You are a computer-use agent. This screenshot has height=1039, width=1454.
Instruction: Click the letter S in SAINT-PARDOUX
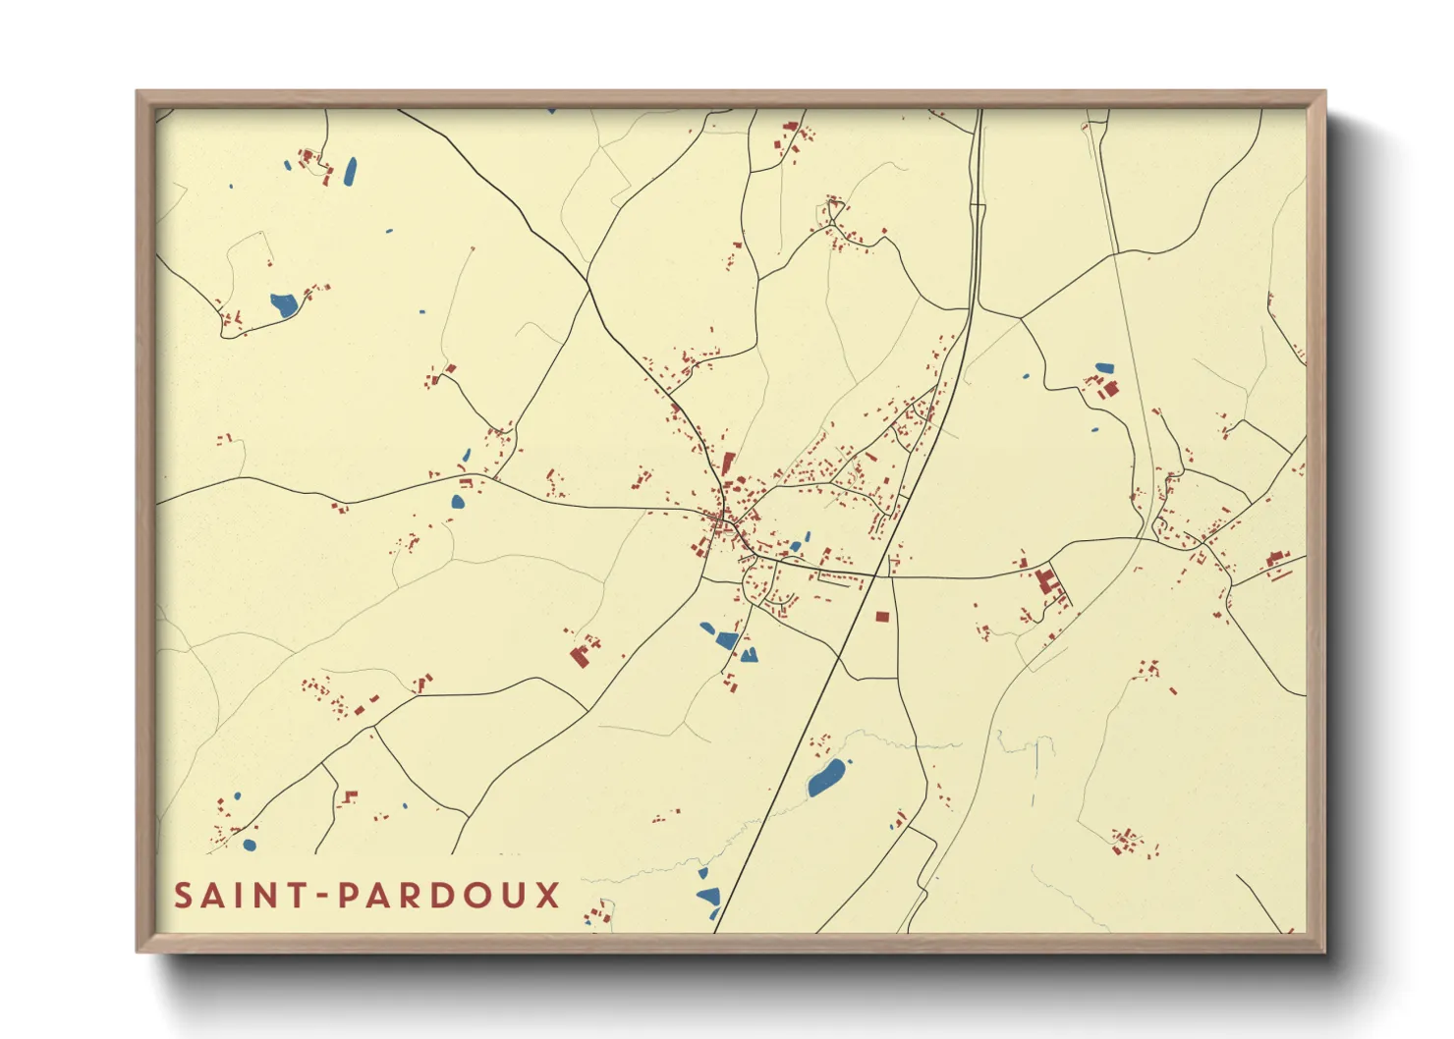click(x=183, y=896)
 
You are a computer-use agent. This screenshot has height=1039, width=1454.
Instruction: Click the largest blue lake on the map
click(x=826, y=777)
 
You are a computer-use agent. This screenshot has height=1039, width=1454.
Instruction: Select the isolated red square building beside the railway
click(x=881, y=617)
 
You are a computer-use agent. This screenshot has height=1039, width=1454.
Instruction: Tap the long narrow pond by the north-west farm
click(x=350, y=172)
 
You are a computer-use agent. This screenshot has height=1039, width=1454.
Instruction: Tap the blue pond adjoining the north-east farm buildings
click(x=1104, y=369)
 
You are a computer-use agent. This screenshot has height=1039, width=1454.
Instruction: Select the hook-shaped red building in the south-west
click(x=350, y=795)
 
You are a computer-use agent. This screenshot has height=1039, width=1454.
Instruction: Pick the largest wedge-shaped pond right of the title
click(x=707, y=896)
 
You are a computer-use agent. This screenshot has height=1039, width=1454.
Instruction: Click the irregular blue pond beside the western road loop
click(x=284, y=304)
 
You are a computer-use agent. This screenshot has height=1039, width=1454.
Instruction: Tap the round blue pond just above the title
click(x=250, y=845)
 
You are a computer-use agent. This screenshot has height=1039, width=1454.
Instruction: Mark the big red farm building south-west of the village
click(x=580, y=656)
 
